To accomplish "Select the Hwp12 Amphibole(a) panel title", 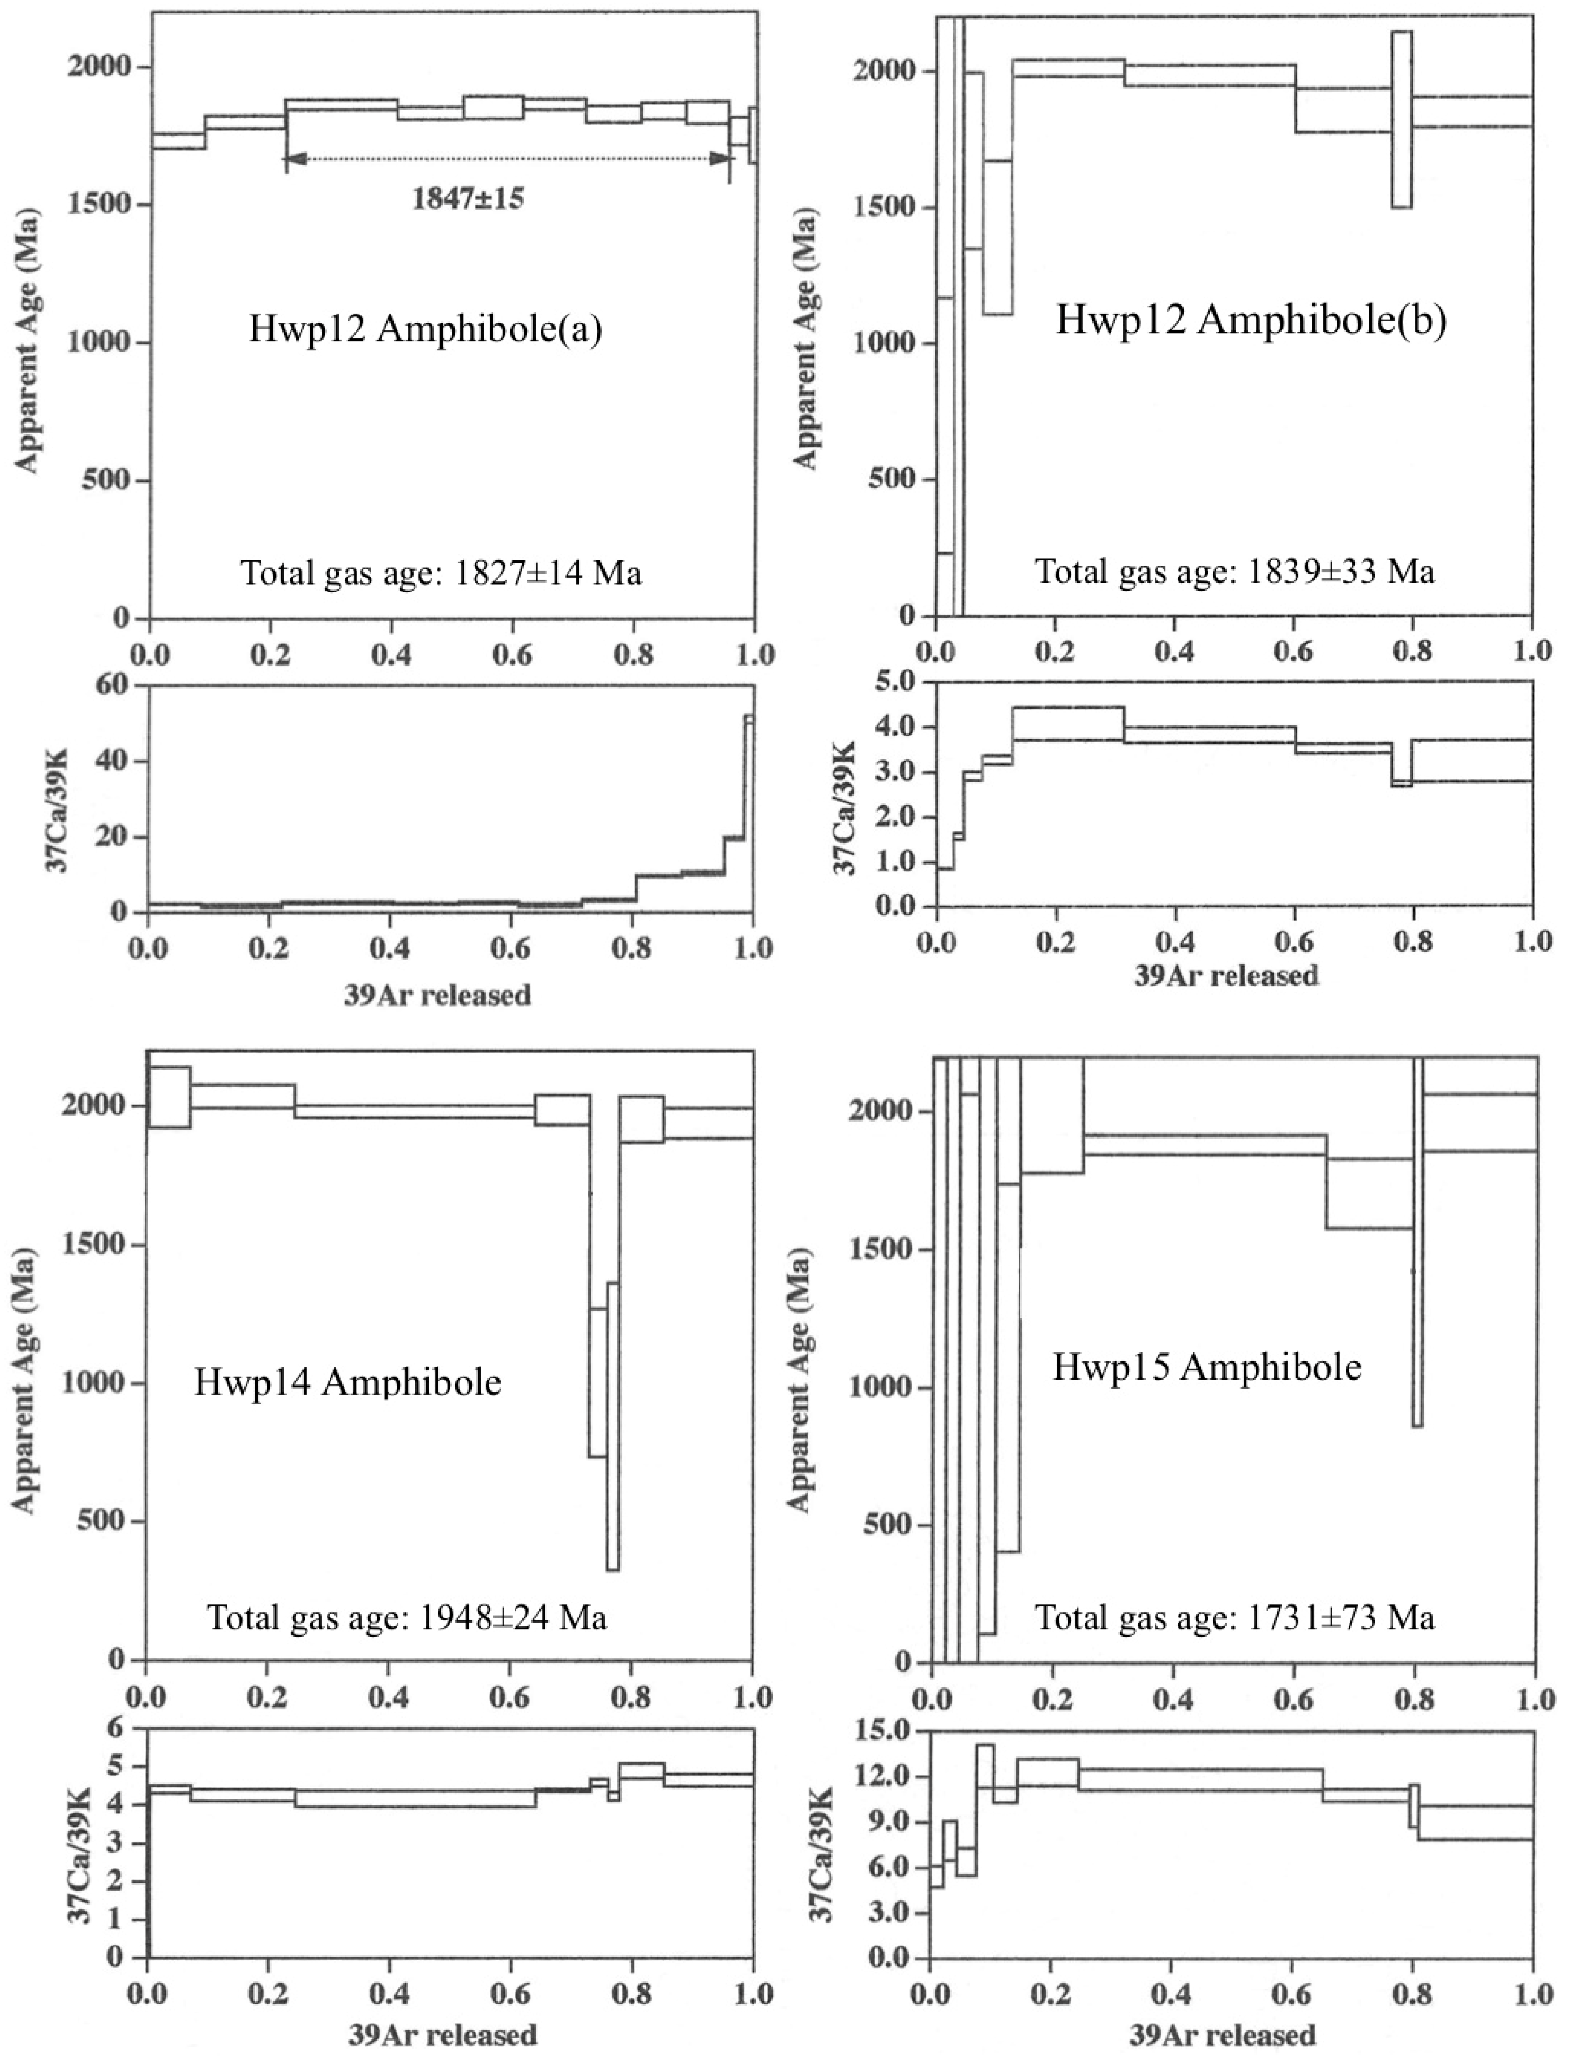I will coord(424,331).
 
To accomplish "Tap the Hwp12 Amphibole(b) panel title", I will coord(1251,321).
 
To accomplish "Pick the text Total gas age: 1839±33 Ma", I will coord(1235,571).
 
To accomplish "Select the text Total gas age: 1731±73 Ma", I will coord(1235,1618).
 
